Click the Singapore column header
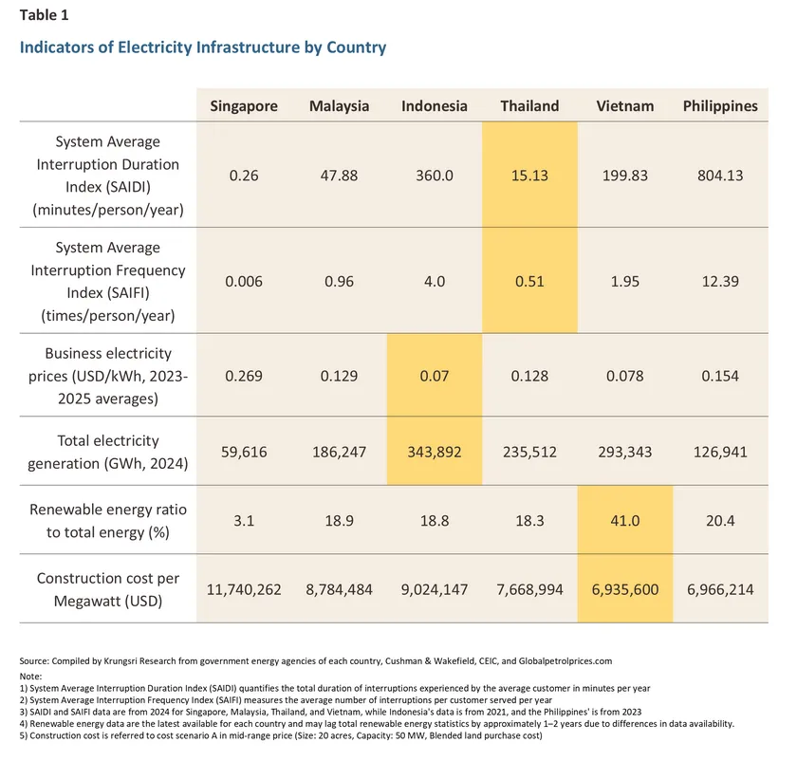pyautogui.click(x=244, y=106)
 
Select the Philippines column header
pyautogui.click(x=720, y=106)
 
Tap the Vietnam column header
pyautogui.click(x=624, y=106)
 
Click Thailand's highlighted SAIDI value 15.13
pyautogui.click(x=529, y=176)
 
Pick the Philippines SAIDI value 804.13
pyautogui.click(x=720, y=176)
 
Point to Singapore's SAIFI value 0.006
pyautogui.click(x=244, y=281)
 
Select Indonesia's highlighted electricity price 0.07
pyautogui.click(x=434, y=375)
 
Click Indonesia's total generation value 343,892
pyautogui.click(x=434, y=452)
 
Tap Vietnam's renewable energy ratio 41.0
pyautogui.click(x=624, y=521)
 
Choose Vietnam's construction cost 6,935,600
pyautogui.click(x=624, y=589)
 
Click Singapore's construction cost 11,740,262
pyautogui.click(x=244, y=589)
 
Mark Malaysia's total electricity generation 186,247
pyautogui.click(x=339, y=452)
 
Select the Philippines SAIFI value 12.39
pyautogui.click(x=720, y=281)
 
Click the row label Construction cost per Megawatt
pyautogui.click(x=107, y=589)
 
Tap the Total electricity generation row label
pyautogui.click(x=107, y=452)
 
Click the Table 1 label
pyautogui.click(x=44, y=15)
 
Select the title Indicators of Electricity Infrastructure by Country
pyautogui.click(x=203, y=46)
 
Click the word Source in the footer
pyautogui.click(x=33, y=659)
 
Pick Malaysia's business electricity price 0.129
pyautogui.click(x=339, y=375)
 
